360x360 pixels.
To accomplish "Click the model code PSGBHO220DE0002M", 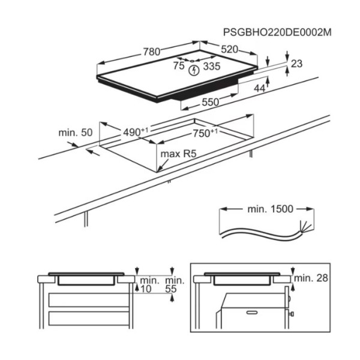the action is (x=277, y=32).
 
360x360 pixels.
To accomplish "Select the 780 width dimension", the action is (x=152, y=52).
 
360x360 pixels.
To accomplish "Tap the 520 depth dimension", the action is (x=230, y=49).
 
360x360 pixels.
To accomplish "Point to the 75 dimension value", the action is (x=179, y=65).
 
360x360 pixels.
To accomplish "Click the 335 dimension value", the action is (x=212, y=66).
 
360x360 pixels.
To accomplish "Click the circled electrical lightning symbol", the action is (x=194, y=70).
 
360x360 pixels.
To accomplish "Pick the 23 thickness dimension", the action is (x=296, y=64).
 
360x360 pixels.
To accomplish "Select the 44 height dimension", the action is (x=260, y=88).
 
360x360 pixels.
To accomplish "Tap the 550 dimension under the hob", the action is (x=211, y=102).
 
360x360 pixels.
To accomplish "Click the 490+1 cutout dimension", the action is (x=136, y=132).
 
